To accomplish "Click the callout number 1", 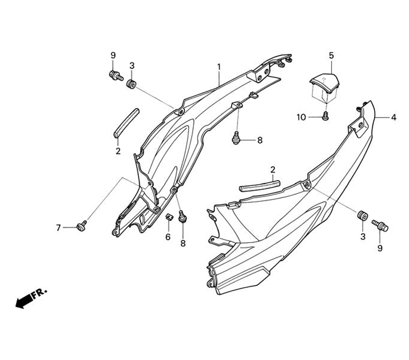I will tap(219, 67).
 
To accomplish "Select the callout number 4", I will tap(393, 118).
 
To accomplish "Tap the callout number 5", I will tap(331, 55).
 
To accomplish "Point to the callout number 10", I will tap(301, 118).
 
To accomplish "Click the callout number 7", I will tap(58, 227).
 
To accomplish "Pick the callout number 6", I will tap(168, 237).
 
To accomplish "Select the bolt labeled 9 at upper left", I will tap(116, 76).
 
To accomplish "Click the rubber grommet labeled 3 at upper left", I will tap(132, 84).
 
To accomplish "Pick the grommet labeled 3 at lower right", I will tap(362, 216).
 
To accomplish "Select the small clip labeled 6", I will tap(168, 216).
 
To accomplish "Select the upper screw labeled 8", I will tap(236, 139).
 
